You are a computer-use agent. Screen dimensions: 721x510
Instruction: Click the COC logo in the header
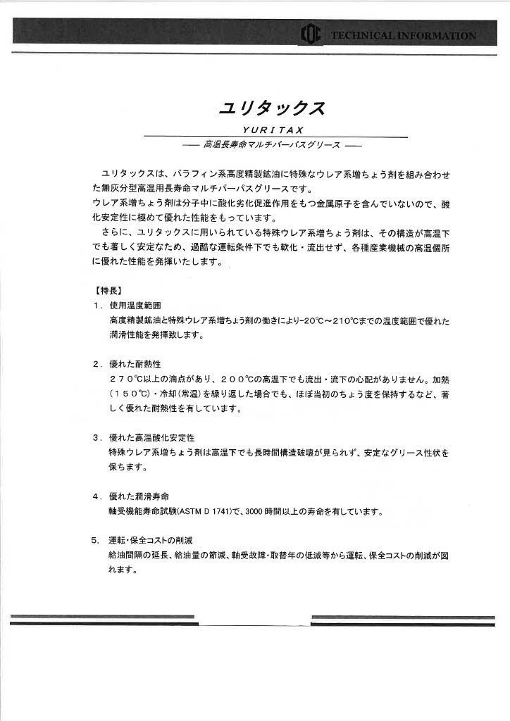[311, 34]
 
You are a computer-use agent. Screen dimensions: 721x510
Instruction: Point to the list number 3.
[96, 437]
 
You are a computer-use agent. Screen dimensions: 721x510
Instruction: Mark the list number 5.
[95, 541]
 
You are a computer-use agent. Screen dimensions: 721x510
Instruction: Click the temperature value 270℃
[126, 379]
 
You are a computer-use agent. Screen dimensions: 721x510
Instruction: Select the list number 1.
[96, 306]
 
